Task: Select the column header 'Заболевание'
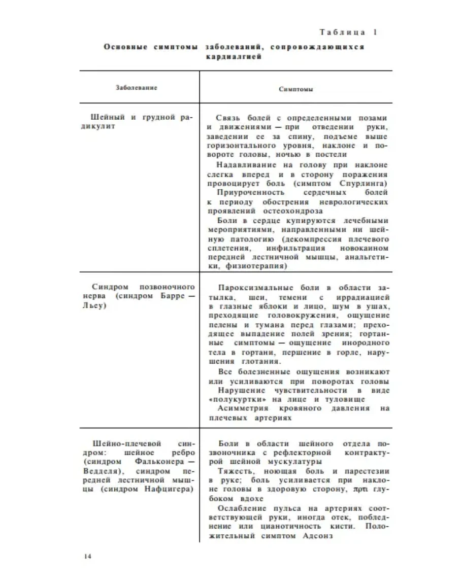(137, 87)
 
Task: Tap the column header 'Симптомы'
(295, 89)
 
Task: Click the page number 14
(87, 556)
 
